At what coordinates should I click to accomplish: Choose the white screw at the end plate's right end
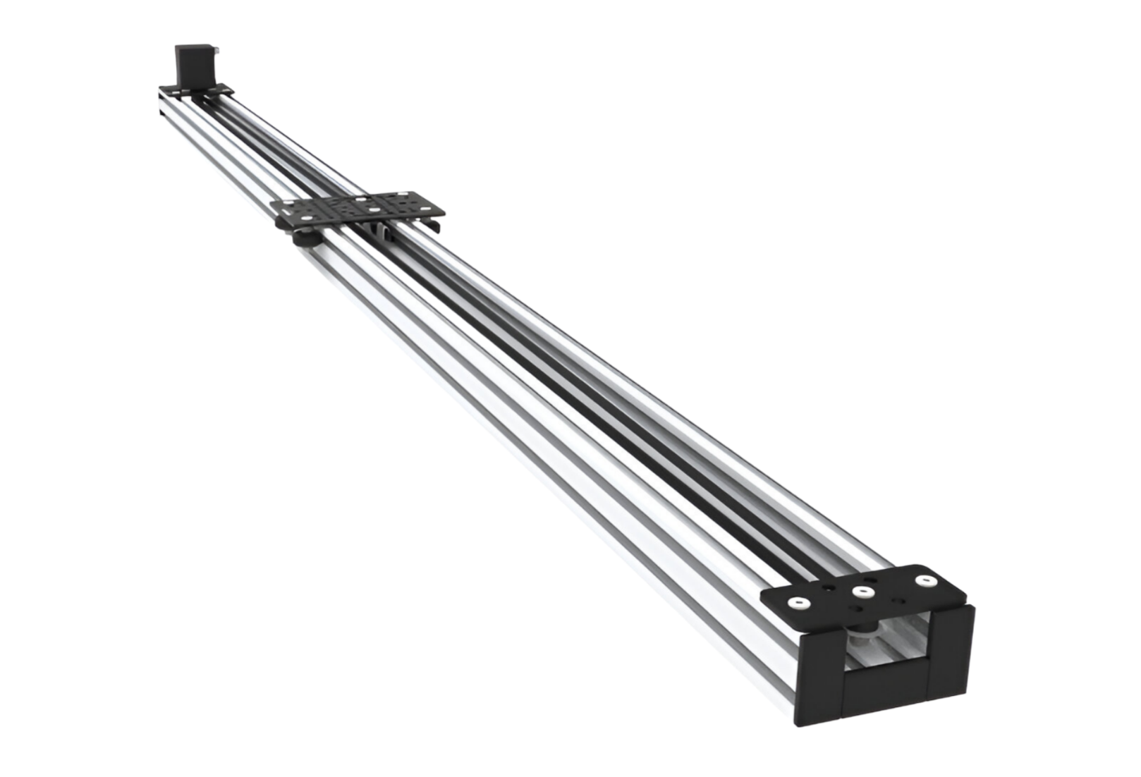[925, 581]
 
